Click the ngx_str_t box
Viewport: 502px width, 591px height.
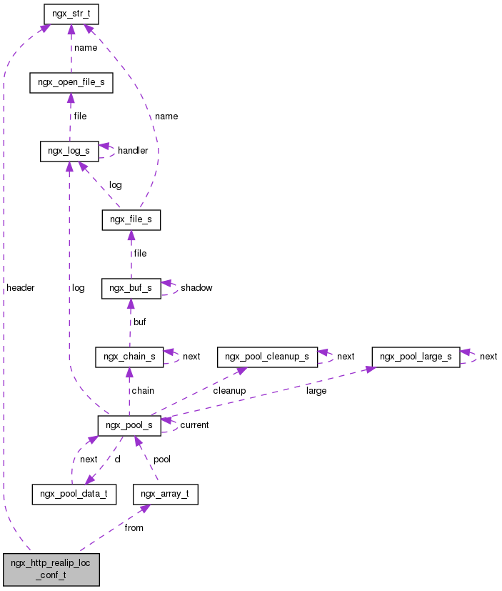click(71, 14)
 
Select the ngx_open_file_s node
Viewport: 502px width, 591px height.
click(71, 82)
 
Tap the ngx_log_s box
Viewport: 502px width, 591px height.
click(69, 151)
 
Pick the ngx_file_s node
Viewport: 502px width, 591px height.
click(131, 219)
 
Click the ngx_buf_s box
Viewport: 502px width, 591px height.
click(131, 288)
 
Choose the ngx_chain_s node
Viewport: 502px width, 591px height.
click(129, 356)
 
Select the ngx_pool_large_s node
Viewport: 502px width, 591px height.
click(416, 356)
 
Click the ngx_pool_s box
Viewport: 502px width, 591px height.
click(129, 425)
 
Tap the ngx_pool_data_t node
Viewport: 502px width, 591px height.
click(74, 494)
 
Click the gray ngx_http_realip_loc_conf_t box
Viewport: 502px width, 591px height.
click(51, 569)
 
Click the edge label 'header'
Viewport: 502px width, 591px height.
click(20, 288)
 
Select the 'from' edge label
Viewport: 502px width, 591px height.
click(134, 528)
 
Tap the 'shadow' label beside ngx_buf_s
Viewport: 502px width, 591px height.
click(196, 288)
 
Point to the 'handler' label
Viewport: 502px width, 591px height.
click(133, 151)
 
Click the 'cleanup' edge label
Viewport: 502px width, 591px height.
click(229, 391)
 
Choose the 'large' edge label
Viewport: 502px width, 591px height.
click(316, 391)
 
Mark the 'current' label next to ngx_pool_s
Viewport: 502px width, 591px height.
click(194, 425)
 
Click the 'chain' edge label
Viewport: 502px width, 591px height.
click(141, 391)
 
